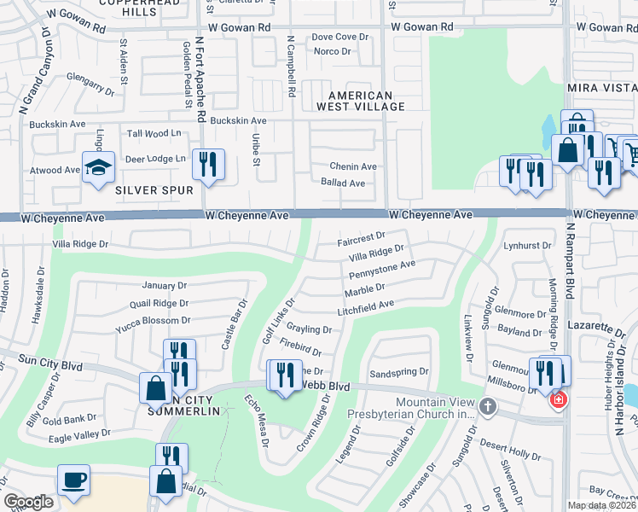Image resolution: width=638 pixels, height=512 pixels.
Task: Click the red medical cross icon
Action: click(x=558, y=399)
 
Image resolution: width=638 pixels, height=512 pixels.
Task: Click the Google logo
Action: click(x=28, y=502)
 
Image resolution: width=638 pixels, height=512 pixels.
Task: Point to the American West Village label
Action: click(x=360, y=101)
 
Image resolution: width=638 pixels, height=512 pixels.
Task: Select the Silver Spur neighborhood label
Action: click(x=154, y=190)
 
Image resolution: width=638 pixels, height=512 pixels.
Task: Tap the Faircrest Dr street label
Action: click(x=362, y=238)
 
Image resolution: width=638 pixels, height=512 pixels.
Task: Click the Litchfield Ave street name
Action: click(x=365, y=308)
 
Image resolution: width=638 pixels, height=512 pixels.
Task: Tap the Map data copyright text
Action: click(x=601, y=505)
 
